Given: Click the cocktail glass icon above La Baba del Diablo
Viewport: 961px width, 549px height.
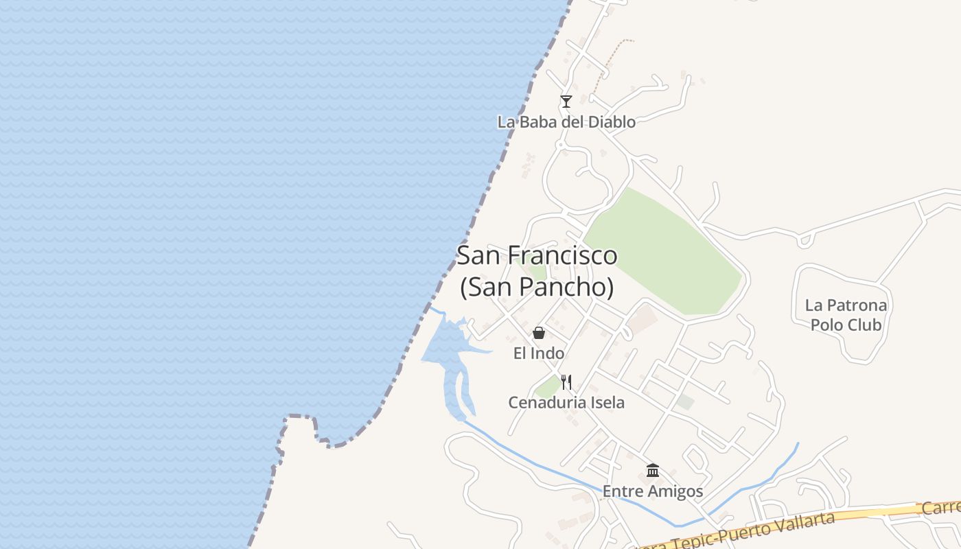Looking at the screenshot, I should pos(566,102).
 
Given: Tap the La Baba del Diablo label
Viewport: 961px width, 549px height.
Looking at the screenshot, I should pos(566,122).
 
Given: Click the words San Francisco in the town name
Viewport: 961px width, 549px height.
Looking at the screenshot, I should pos(537,256).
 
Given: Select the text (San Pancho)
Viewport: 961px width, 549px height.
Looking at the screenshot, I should pos(537,287).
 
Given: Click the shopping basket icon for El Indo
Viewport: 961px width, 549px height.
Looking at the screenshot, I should pos(539,333).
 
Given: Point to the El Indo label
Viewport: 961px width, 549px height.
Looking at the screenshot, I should pos(539,353).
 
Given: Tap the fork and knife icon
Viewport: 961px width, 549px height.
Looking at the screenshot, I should pos(566,382).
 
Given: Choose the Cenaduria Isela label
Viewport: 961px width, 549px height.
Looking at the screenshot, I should pos(566,403).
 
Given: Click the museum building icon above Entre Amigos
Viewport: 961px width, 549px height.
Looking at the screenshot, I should pos(653,471).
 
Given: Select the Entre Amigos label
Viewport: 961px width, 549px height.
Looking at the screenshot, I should pos(653,491).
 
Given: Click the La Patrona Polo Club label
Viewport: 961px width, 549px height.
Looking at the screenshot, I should pos(846,314).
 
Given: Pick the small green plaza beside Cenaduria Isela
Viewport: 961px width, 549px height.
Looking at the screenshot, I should pos(547,388).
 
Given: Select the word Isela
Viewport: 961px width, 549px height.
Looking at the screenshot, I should pos(605,403).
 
